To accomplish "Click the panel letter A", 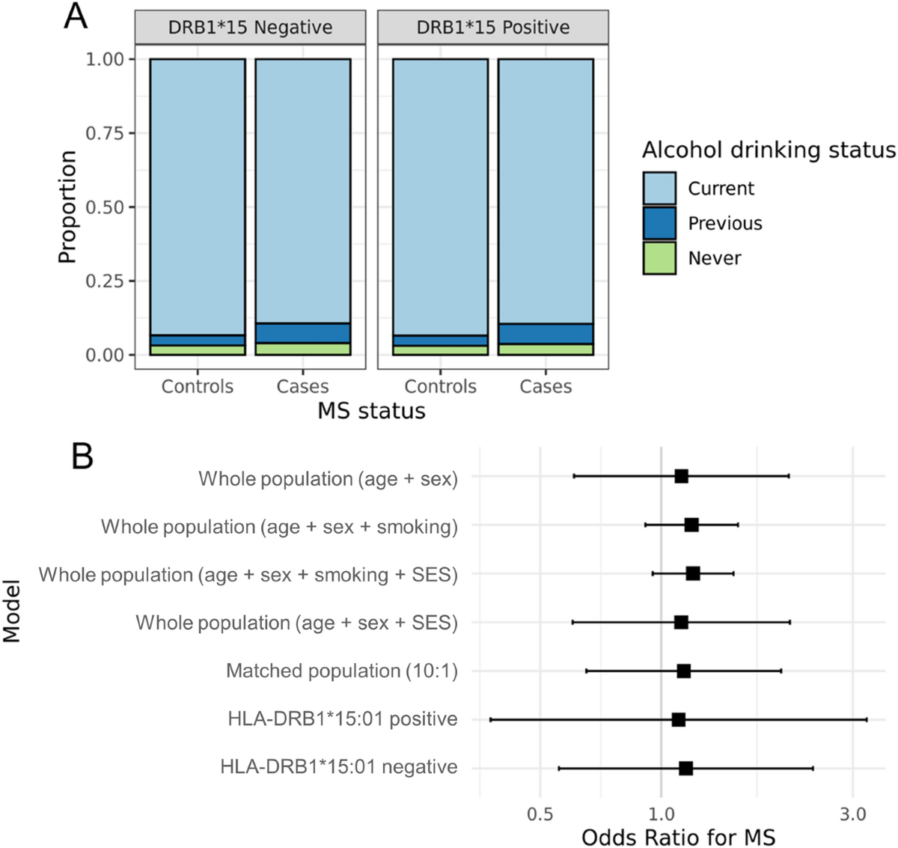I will (76, 16).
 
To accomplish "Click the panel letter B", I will (82, 455).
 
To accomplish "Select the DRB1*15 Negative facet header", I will (250, 28).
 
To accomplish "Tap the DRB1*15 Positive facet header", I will (492, 28).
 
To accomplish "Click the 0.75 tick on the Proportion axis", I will (105, 133).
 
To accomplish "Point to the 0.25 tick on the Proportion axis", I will (105, 281).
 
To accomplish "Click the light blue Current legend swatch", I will (659, 189).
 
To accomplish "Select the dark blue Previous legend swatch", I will (659, 223).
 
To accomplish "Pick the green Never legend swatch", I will (659, 258).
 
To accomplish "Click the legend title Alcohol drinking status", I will (769, 150).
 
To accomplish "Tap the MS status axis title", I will (371, 411).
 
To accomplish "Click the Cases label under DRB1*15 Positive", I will (546, 387).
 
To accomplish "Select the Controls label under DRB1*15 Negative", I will (198, 387).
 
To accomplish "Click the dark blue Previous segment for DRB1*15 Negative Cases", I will (303, 333).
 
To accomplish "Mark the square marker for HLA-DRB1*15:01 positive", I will (679, 719).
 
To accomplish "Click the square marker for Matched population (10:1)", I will (683, 671).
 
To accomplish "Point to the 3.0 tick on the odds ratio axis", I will (852, 814).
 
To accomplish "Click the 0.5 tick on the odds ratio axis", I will (540, 814).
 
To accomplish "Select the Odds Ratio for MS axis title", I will (678, 837).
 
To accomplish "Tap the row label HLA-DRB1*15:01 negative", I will (339, 767).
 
